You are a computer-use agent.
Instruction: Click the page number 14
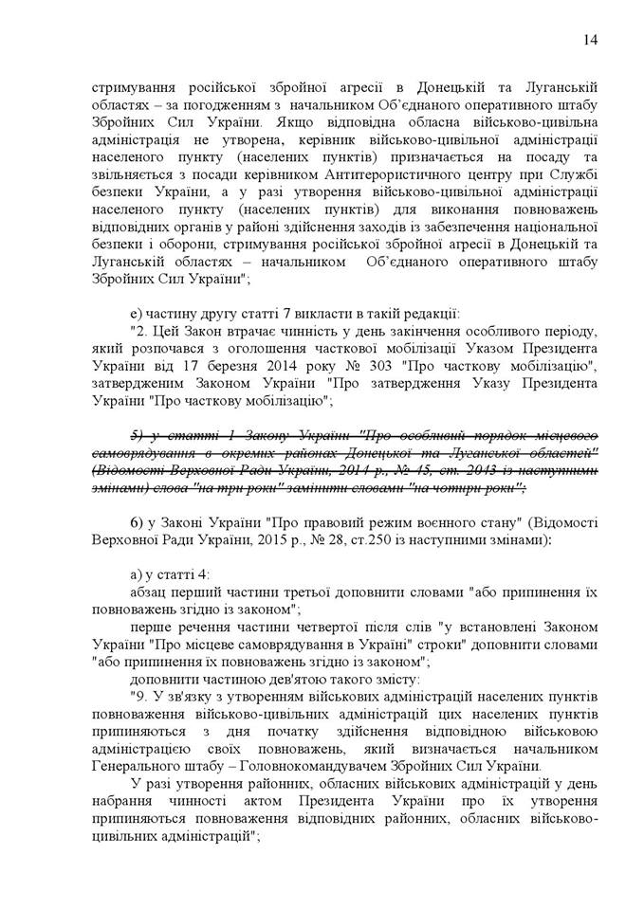pos(590,39)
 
